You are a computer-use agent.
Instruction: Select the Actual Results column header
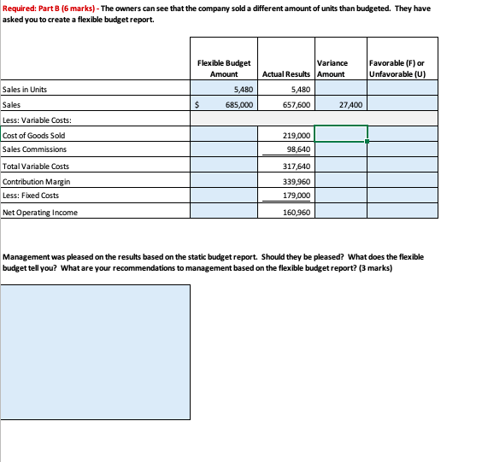tap(286, 74)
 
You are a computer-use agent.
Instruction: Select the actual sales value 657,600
tap(294, 104)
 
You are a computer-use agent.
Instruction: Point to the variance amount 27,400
tap(350, 104)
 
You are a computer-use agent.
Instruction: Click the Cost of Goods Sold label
tap(34, 135)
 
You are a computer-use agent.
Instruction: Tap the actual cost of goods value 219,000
tap(295, 135)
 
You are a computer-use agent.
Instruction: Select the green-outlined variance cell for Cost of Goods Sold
tap(341, 134)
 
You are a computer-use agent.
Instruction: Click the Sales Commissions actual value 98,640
tap(296, 149)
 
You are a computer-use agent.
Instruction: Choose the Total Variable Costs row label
tap(37, 166)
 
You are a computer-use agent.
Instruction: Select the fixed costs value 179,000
tap(295, 196)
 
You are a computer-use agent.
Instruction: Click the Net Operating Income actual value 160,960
tap(295, 213)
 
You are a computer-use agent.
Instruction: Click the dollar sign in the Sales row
tap(198, 104)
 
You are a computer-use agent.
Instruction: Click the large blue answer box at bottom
tap(96, 352)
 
